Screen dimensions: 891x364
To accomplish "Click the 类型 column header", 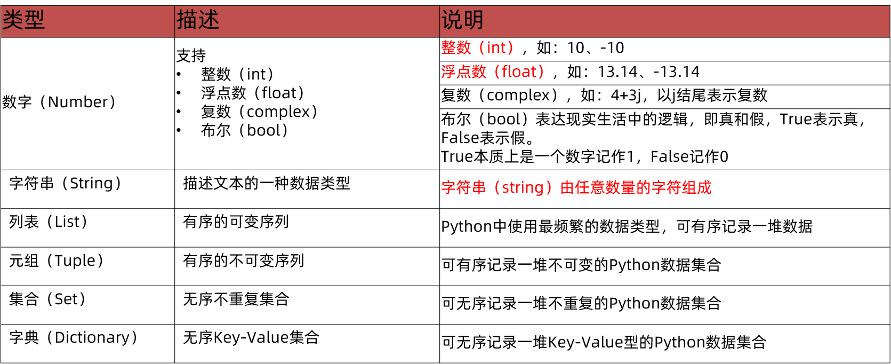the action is click(x=23, y=20).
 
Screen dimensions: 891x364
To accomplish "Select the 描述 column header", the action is click(x=198, y=20).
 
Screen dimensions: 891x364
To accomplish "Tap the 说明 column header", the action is click(x=462, y=20).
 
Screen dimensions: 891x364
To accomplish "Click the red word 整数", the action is click(x=456, y=48).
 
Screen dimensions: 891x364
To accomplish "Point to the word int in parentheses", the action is click(x=496, y=48).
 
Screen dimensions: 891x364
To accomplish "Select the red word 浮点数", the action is click(x=463, y=72).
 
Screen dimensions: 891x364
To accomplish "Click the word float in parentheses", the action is click(x=519, y=72).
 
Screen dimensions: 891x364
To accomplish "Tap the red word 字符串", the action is click(x=463, y=187).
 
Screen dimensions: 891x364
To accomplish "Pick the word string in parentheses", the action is click(x=523, y=187).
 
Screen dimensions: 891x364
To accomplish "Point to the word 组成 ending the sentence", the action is click(x=696, y=187).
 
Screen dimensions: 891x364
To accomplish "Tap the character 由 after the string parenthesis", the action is click(x=567, y=187).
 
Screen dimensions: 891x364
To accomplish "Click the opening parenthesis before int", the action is click(x=481, y=48).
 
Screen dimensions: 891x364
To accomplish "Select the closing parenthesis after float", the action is click(x=541, y=72).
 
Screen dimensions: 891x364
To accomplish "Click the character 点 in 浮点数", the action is click(x=463, y=72).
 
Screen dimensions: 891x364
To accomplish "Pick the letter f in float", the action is click(x=504, y=72).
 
